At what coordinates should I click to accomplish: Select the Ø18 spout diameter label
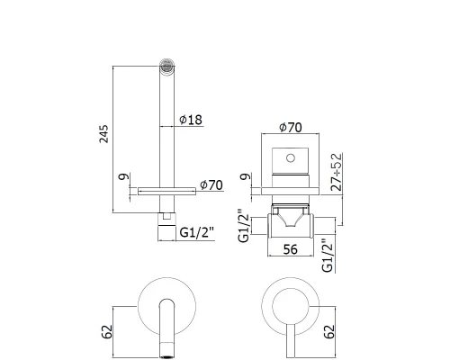click(x=191, y=119)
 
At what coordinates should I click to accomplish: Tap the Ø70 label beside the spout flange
click(x=210, y=185)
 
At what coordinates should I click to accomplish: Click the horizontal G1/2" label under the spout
click(x=195, y=231)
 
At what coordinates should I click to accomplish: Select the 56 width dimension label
click(x=291, y=250)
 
